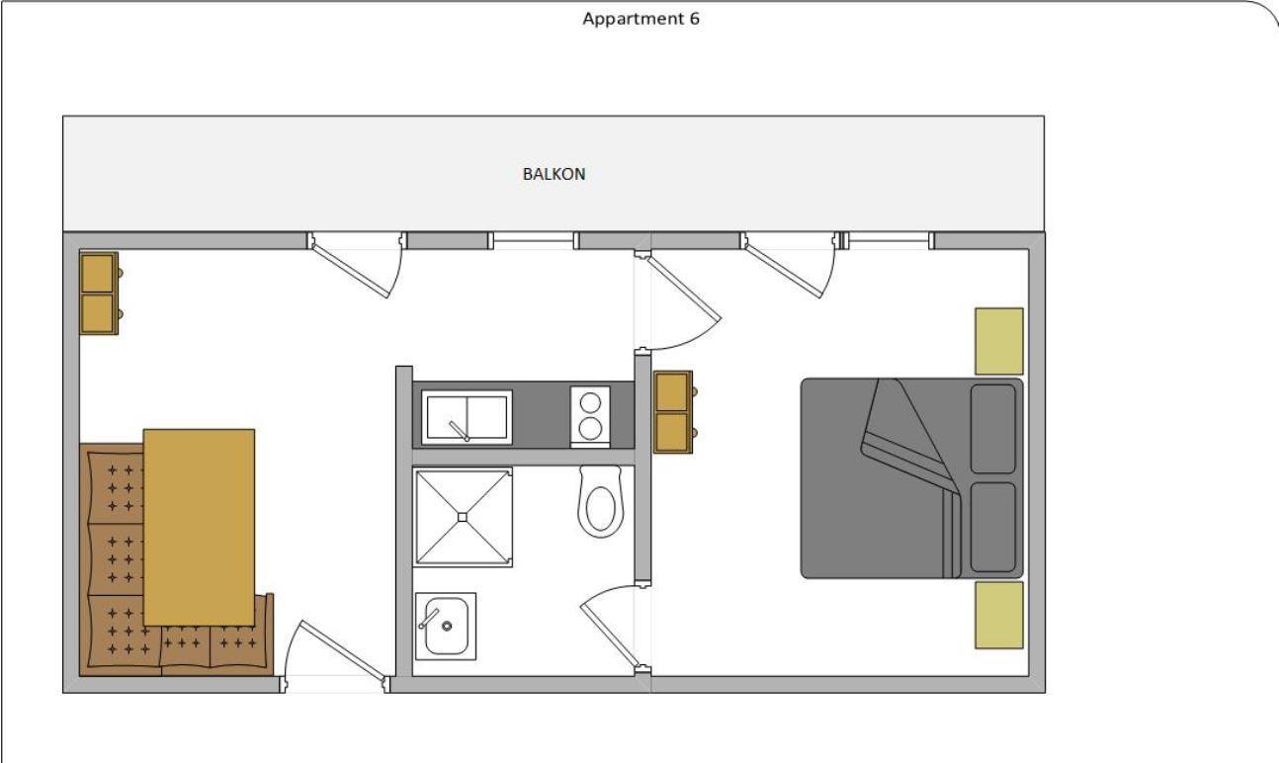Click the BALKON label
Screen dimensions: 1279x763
click(x=554, y=174)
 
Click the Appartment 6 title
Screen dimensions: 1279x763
click(x=640, y=19)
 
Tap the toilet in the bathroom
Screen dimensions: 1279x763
click(x=600, y=501)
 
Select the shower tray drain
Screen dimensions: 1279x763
click(x=463, y=518)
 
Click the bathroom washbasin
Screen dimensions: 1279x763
click(x=446, y=626)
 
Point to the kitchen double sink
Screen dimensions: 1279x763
click(x=468, y=417)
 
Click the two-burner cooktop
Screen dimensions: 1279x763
click(x=590, y=416)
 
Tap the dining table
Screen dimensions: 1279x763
click(x=199, y=527)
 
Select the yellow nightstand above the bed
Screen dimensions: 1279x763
click(x=998, y=341)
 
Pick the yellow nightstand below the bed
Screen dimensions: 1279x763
click(x=998, y=615)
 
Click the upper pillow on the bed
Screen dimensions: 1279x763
click(x=993, y=429)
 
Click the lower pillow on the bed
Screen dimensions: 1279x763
click(x=993, y=527)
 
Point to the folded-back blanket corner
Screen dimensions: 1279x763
click(x=908, y=435)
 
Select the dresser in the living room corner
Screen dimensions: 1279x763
click(x=100, y=293)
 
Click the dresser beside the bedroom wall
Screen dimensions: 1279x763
click(x=674, y=412)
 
